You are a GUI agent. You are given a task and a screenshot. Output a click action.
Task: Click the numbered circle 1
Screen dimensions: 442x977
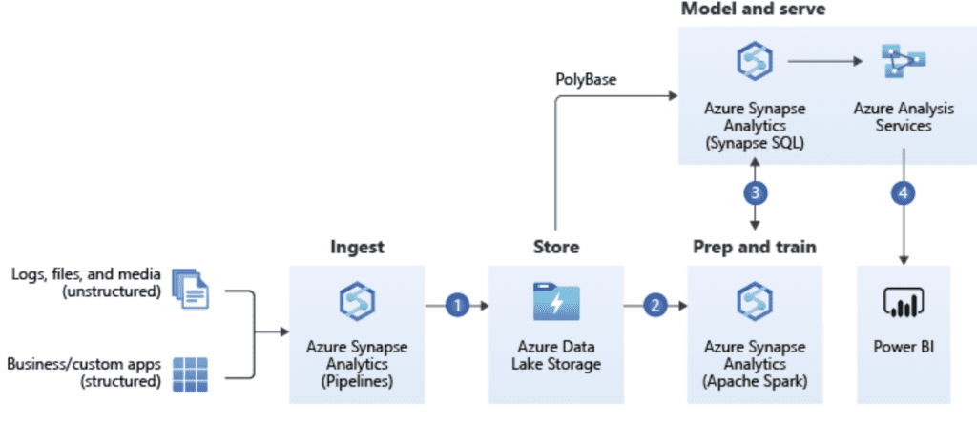pos(458,306)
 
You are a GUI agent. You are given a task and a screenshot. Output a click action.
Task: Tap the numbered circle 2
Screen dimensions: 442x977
pos(655,306)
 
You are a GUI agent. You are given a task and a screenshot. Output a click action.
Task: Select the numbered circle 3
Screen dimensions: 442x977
pos(755,191)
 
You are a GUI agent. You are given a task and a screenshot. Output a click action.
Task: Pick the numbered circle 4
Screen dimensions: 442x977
pos(902,191)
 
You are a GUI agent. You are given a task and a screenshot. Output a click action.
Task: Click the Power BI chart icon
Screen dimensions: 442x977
pos(902,302)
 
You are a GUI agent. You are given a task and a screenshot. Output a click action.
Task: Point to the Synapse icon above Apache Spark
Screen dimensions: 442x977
pos(755,302)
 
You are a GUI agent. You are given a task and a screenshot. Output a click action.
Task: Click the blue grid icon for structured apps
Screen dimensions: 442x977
pos(189,374)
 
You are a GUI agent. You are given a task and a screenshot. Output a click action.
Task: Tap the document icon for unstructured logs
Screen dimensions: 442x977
pos(189,288)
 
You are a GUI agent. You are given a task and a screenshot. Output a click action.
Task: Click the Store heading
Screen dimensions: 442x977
pos(556,248)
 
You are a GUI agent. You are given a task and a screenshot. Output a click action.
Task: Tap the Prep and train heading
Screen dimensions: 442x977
pos(754,248)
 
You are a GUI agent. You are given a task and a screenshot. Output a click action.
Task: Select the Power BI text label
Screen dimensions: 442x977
pos(902,347)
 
